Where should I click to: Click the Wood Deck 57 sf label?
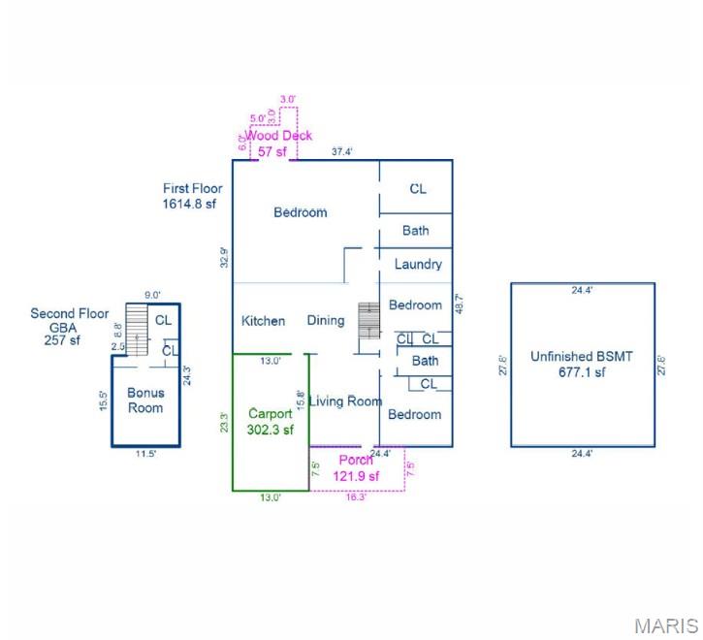coord(278,144)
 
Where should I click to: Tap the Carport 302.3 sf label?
coord(270,422)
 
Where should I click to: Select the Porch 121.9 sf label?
coord(356,467)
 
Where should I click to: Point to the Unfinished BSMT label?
coord(582,364)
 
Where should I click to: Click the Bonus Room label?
coord(145,400)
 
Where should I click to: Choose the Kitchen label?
coord(263,321)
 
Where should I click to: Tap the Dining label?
coord(326,320)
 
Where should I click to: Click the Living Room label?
coord(345,400)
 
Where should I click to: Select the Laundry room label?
coord(418,264)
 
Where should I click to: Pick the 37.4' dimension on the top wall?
coord(341,151)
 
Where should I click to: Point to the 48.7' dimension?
coord(459,304)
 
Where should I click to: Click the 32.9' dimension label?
coord(224,257)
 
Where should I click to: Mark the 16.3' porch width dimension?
coord(356,496)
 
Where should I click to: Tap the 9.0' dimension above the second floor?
coord(152,295)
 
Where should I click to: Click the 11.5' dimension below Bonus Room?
coord(145,454)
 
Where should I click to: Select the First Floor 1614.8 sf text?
coord(192,196)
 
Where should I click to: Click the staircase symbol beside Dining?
coord(369,320)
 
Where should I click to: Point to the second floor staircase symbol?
coord(137,330)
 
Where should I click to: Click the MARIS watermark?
coord(667,626)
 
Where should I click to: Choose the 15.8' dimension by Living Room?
coord(301,400)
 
